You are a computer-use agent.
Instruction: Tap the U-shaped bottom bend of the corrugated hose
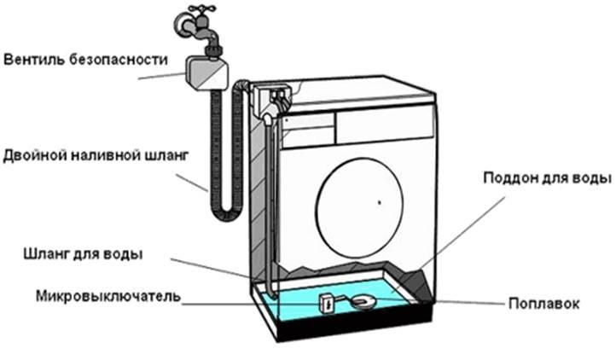(x=226, y=205)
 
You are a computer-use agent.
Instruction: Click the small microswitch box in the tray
(x=326, y=301)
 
